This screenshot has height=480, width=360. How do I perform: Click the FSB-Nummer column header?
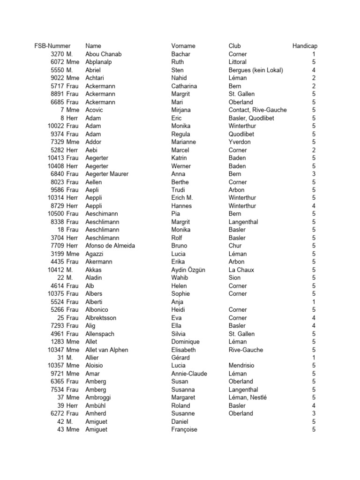point(52,46)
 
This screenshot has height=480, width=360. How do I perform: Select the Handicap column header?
point(305,46)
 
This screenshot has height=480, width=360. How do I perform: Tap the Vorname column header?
point(183,46)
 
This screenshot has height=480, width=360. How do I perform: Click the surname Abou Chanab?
point(104,54)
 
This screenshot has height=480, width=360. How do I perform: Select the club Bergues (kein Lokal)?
point(255,70)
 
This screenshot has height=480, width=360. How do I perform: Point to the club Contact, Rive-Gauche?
point(258,110)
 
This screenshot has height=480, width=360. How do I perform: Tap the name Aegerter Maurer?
point(107,174)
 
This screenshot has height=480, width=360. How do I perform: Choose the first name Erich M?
point(182,198)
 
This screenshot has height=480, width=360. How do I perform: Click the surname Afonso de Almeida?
point(110,246)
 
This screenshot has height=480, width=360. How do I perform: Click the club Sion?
point(234,277)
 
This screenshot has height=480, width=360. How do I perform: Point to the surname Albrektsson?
point(101,318)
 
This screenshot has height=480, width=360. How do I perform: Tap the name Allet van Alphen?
point(107,350)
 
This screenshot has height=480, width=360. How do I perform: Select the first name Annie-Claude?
point(189,374)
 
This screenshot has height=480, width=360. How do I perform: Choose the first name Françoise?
point(184,429)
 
